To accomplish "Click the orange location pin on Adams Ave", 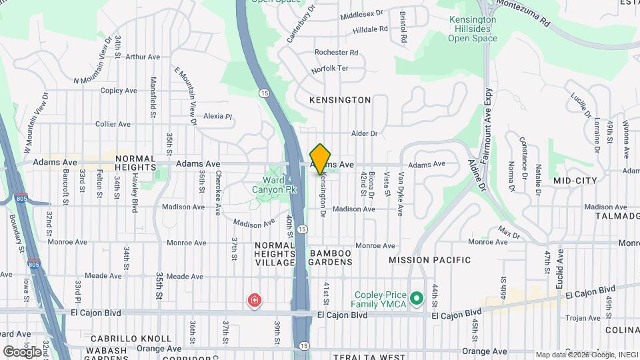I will click(x=321, y=159).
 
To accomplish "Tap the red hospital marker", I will click(x=254, y=301).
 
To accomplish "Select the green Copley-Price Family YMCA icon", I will click(x=417, y=298).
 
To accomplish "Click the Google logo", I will click(x=22, y=351).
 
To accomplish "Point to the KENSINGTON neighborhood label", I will click(x=340, y=100).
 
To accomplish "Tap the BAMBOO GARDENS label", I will click(x=331, y=257).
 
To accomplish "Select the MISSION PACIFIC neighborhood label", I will click(x=430, y=260).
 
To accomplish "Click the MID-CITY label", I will click(x=575, y=181).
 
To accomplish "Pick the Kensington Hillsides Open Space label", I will click(x=473, y=29).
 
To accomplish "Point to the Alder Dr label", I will click(x=365, y=133).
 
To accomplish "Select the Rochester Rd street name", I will click(x=336, y=52).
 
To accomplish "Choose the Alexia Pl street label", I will click(x=217, y=115).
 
